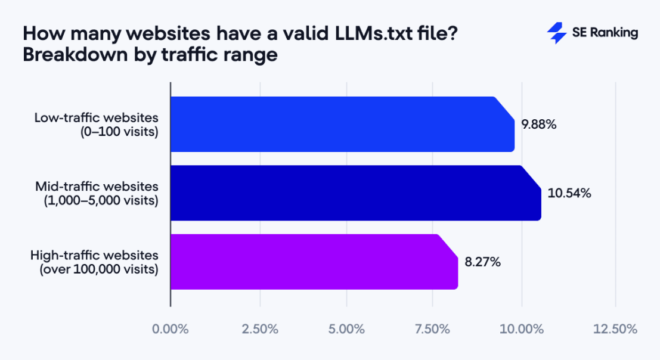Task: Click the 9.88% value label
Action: click(x=539, y=125)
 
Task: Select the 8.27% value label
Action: click(x=483, y=262)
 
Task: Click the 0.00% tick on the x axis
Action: click(x=171, y=329)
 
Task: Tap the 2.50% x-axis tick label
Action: click(x=260, y=329)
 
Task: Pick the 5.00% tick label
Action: click(x=346, y=329)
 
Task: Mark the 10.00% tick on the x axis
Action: click(x=522, y=329)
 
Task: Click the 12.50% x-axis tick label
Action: click(x=615, y=329)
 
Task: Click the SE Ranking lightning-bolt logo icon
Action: click(x=556, y=33)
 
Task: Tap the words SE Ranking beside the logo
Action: click(x=605, y=33)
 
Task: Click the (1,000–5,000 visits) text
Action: click(x=101, y=201)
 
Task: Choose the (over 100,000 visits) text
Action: click(x=98, y=269)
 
